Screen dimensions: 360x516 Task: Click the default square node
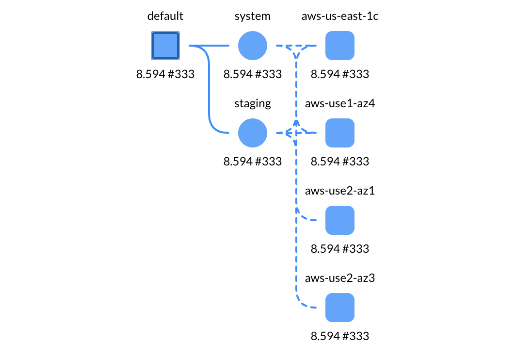tap(165, 46)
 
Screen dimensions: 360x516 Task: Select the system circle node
tap(253, 46)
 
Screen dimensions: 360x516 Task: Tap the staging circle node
tap(253, 133)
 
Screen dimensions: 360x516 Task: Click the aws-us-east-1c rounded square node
tap(339, 46)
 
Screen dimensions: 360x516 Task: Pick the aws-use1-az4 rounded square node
tap(339, 133)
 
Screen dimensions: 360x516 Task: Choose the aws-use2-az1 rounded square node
tap(339, 220)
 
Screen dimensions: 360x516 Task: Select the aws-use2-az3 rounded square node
tap(339, 308)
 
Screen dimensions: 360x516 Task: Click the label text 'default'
tap(165, 16)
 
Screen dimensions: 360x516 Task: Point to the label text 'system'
tap(253, 16)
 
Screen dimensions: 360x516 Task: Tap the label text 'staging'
tap(253, 103)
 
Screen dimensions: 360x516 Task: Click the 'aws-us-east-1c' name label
tap(339, 16)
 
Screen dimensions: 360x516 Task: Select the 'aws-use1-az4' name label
tap(339, 103)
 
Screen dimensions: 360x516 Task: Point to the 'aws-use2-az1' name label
tap(339, 191)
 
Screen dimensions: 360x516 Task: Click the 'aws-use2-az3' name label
tap(339, 278)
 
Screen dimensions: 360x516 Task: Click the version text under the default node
tap(165, 74)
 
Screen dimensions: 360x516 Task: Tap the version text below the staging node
tap(253, 162)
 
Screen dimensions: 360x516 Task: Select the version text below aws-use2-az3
tap(339, 336)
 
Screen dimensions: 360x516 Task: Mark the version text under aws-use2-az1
tap(339, 249)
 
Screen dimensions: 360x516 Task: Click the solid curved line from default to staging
tap(210, 97)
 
